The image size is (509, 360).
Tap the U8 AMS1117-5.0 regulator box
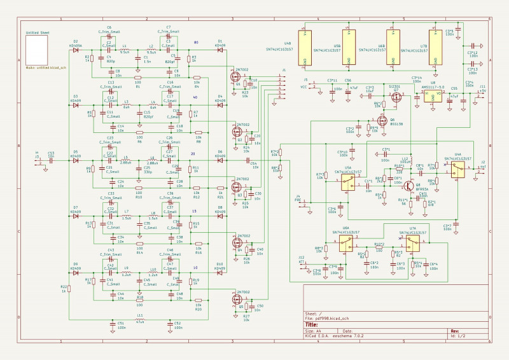coord(434,97)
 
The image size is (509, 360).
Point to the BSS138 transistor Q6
coord(382,121)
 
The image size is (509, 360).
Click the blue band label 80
coord(196,43)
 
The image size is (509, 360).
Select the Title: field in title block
coord(312,324)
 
